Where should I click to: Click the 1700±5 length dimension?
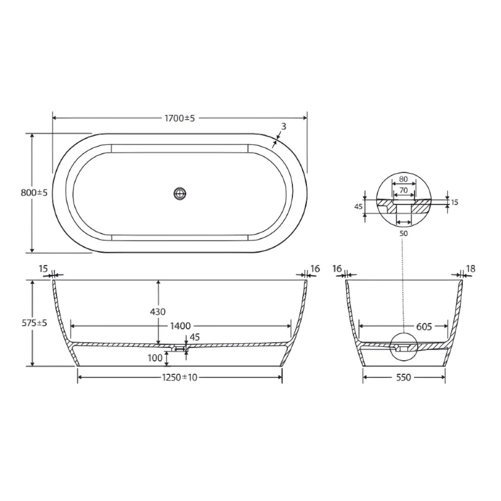click(x=180, y=118)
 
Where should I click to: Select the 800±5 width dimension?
click(x=34, y=193)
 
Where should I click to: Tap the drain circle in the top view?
click(x=180, y=193)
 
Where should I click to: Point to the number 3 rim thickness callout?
click(x=284, y=126)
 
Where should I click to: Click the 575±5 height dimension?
click(x=34, y=323)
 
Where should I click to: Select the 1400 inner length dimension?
click(x=181, y=326)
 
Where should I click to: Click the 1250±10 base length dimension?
click(x=180, y=377)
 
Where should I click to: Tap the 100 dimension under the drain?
click(x=155, y=358)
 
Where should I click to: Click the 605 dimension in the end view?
click(x=424, y=327)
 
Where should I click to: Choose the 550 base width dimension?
click(x=403, y=377)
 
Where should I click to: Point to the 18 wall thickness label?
click(x=471, y=269)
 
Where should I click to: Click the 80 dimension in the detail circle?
click(x=403, y=179)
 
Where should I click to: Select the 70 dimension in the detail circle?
click(x=403, y=190)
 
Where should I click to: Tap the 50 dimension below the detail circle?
click(x=403, y=233)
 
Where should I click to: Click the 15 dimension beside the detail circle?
click(x=455, y=202)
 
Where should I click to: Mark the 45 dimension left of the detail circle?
click(x=358, y=207)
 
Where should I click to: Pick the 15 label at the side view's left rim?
click(x=44, y=269)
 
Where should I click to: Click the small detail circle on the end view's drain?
click(x=403, y=347)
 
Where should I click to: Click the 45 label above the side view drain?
click(x=195, y=337)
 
